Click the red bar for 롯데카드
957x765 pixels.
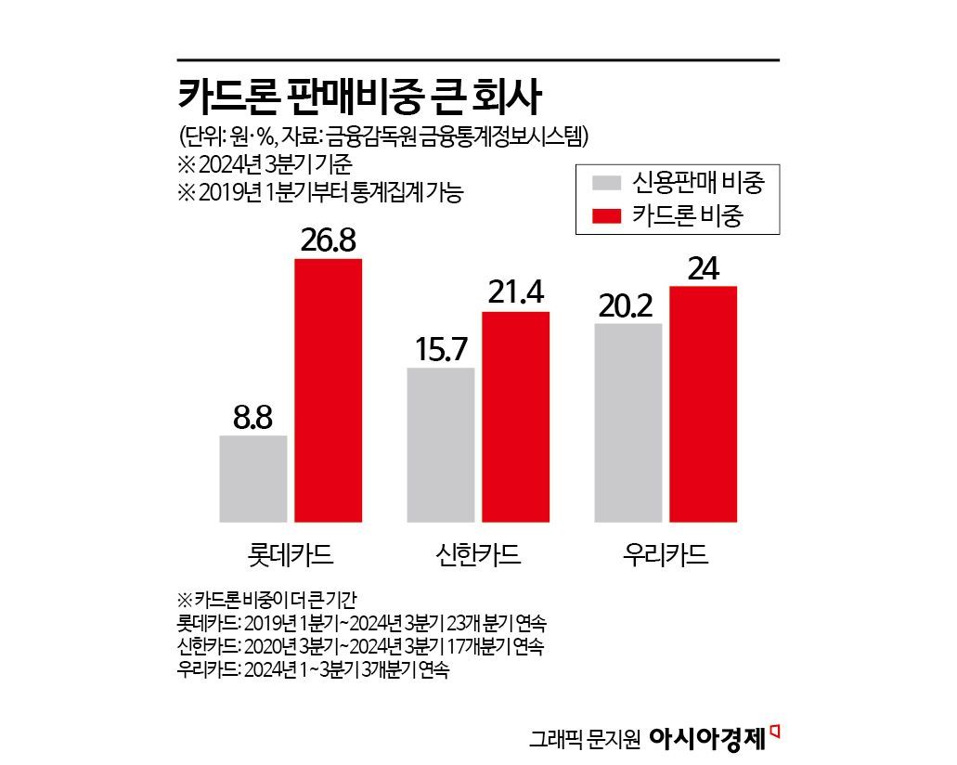(328, 390)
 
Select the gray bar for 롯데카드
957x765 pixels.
(253, 478)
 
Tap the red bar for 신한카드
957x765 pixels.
(515, 416)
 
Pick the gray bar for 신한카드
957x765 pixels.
(441, 444)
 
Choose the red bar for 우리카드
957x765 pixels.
(703, 404)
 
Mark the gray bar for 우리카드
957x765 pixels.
(628, 422)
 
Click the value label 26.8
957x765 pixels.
(328, 240)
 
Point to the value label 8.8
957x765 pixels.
(252, 417)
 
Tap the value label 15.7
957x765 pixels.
(441, 349)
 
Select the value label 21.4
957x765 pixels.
(515, 292)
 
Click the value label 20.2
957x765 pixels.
(628, 305)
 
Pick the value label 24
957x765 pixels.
(703, 267)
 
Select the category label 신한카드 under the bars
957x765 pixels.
(477, 554)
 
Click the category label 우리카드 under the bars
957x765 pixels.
(665, 554)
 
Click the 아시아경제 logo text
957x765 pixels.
(705, 738)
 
